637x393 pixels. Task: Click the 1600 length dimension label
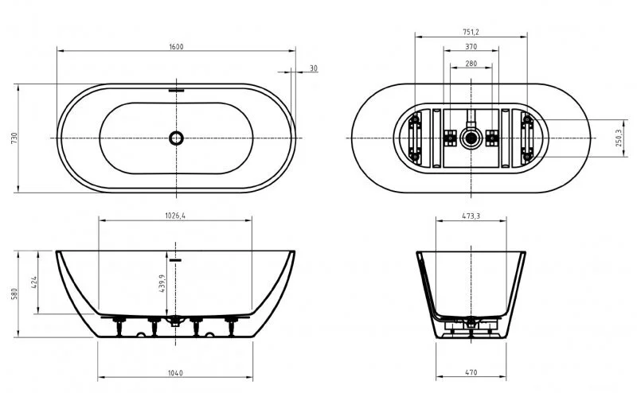[x=176, y=47]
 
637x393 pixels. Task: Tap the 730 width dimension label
[x=14, y=138]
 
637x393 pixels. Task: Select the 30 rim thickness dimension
[x=313, y=69]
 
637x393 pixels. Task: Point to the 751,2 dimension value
[x=471, y=33]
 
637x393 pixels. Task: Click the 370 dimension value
[x=471, y=48]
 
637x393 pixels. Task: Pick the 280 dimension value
[x=471, y=63]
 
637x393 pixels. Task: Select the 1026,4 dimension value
[x=174, y=217]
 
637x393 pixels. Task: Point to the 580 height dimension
[x=14, y=294]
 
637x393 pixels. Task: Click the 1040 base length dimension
[x=176, y=373]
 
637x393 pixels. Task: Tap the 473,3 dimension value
[x=471, y=217]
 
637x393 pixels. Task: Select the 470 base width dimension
[x=471, y=373]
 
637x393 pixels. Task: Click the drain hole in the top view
[x=176, y=138]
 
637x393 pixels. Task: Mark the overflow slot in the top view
[x=176, y=90]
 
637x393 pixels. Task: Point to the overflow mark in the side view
[x=176, y=259]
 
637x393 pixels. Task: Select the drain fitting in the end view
[x=471, y=324]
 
